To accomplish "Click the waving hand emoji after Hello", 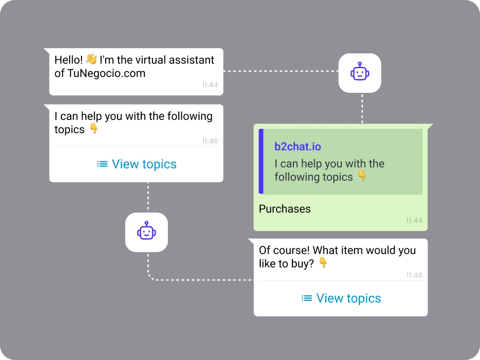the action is pyautogui.click(x=91, y=59).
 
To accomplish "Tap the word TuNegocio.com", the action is pyautogui.click(x=106, y=74).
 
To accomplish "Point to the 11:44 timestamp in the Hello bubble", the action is pyautogui.click(x=210, y=85).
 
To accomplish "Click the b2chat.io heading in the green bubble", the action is pyautogui.click(x=298, y=147).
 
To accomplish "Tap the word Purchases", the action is pyautogui.click(x=285, y=209).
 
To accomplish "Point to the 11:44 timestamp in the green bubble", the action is pyautogui.click(x=414, y=220).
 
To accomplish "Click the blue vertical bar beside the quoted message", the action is pyautogui.click(x=261, y=161).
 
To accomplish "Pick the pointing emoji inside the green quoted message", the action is pyautogui.click(x=362, y=176).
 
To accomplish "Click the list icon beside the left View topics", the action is pyautogui.click(x=102, y=164).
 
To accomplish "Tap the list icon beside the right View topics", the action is pyautogui.click(x=307, y=298).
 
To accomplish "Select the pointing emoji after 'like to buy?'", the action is pyautogui.click(x=323, y=263).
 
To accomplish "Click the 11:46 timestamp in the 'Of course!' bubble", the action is pyautogui.click(x=414, y=275).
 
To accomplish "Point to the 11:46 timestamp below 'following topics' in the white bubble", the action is pyautogui.click(x=210, y=141).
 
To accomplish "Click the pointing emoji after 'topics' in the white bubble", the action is pyautogui.click(x=94, y=128).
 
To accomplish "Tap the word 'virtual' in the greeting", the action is pyautogui.click(x=151, y=60).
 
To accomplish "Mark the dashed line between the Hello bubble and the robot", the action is pyautogui.click(x=280, y=71).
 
